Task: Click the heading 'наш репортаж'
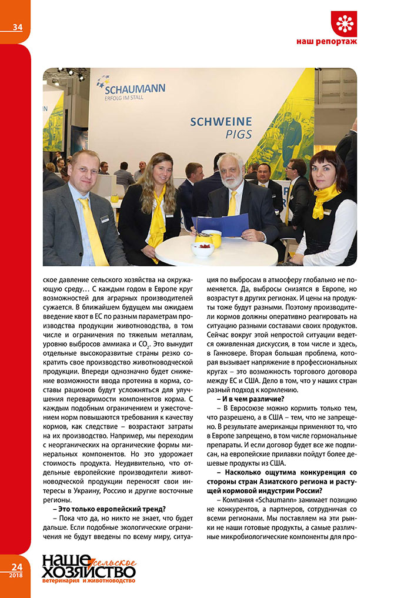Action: tap(326, 42)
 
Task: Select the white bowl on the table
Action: tap(202, 249)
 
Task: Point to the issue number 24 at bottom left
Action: tap(16, 566)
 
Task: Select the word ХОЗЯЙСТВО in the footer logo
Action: tap(88, 570)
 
